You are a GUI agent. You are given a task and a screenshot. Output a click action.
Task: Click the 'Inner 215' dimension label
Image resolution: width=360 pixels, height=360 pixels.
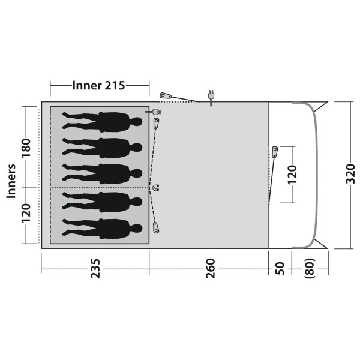point(98,85)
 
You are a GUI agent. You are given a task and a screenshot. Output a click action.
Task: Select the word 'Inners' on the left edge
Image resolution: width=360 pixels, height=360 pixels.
point(10,181)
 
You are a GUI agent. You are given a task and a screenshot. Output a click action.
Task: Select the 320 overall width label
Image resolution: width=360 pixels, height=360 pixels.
point(352,175)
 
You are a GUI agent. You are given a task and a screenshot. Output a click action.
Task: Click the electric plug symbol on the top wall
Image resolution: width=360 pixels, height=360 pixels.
point(211,96)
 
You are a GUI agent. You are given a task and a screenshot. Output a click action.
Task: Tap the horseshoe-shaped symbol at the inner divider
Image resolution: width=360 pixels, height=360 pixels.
point(156,188)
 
